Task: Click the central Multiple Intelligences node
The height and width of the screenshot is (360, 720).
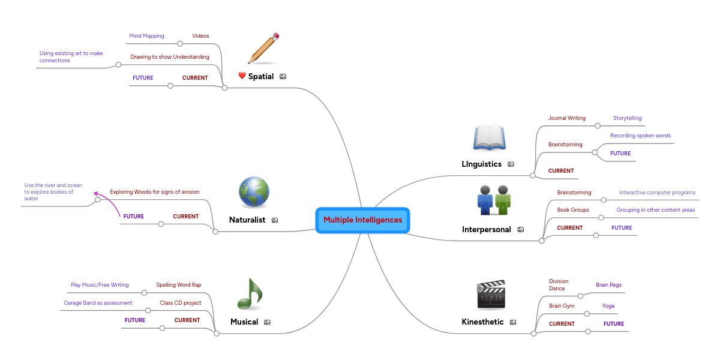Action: (x=362, y=220)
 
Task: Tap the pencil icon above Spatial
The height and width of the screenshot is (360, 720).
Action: (x=264, y=49)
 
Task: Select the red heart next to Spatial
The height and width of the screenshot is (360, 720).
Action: (x=242, y=76)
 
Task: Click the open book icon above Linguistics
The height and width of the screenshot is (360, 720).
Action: (x=490, y=137)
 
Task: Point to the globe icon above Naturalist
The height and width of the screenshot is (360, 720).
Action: (x=254, y=193)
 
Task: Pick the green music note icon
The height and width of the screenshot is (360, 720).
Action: (x=250, y=294)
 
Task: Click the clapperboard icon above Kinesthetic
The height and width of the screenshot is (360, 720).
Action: (x=491, y=295)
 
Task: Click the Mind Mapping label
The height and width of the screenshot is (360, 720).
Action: (x=146, y=36)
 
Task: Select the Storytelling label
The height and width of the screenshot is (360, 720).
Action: (x=627, y=118)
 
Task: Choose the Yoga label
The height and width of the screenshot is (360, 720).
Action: (x=608, y=306)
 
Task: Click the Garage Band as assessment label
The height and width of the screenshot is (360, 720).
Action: (x=98, y=303)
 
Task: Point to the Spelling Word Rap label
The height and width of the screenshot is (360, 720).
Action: (x=179, y=285)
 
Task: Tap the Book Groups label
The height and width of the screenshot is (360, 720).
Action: (x=573, y=210)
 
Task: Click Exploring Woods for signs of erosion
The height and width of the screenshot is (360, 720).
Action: (x=155, y=192)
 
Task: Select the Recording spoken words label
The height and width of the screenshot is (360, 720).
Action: (x=640, y=136)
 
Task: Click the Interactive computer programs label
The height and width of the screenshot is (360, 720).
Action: (x=657, y=193)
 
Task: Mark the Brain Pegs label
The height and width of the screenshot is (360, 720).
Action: (x=608, y=285)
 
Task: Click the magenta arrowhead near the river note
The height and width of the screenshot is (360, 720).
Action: (x=96, y=194)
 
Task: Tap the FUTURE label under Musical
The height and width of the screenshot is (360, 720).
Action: (x=135, y=320)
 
